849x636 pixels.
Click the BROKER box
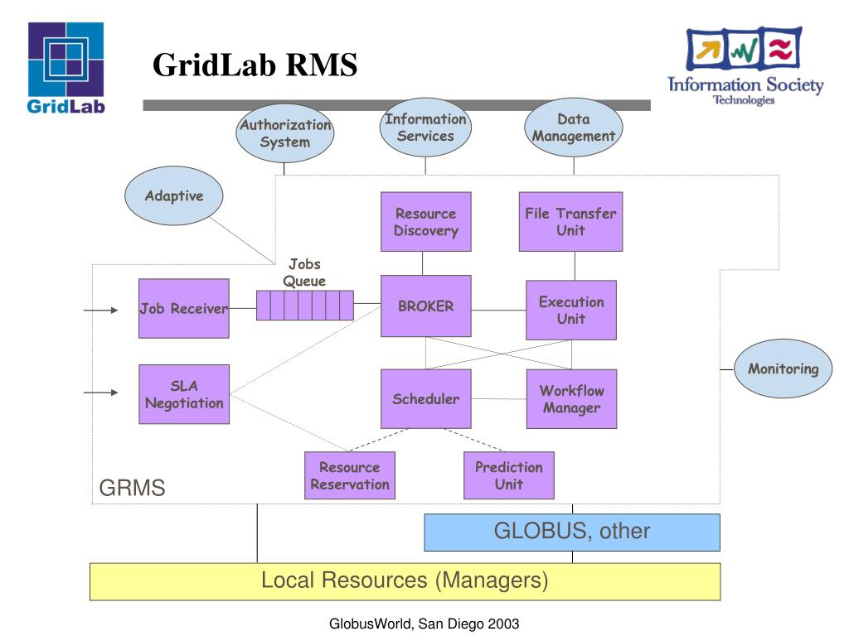point(425,306)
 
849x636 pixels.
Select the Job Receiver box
point(184,308)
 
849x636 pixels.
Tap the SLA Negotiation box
point(184,394)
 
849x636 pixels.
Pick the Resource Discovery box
point(425,222)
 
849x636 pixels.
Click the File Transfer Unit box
point(570,222)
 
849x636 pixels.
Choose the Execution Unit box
point(571,310)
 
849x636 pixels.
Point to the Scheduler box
point(425,399)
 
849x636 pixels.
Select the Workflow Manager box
point(572,399)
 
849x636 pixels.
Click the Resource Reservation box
point(350,475)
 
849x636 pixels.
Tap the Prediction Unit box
point(509,475)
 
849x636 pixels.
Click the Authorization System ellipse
point(285,133)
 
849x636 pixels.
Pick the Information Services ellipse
point(425,128)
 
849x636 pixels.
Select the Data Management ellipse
point(574,128)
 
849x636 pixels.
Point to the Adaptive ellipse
point(174,195)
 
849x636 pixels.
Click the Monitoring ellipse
point(783,369)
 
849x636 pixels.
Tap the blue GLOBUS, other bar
point(572,532)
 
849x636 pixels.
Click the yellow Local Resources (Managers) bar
point(405,581)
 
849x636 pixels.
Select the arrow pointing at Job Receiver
point(100,310)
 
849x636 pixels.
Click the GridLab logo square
point(66,59)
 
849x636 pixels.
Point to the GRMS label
point(132,488)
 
